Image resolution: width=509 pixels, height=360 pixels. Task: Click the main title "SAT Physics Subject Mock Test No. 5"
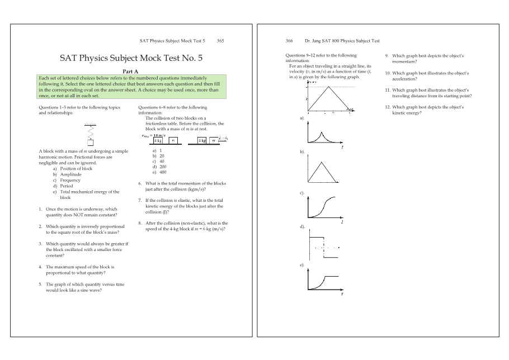pos(131,58)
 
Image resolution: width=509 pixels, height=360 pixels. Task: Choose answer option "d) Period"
pos(63,186)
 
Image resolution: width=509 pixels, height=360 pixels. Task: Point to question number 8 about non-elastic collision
pos(140,223)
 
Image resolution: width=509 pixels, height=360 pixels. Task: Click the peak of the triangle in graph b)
pos(322,162)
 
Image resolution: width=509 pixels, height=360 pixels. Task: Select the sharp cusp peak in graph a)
pos(322,132)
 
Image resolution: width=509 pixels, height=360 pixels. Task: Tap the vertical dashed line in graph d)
pos(324,247)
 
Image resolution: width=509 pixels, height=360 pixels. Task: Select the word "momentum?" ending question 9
pos(405,61)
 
